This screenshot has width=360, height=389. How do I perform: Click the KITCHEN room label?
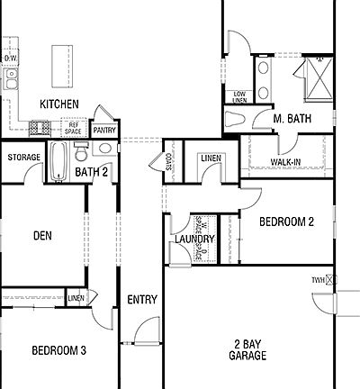(58, 105)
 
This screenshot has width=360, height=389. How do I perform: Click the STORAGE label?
(23, 158)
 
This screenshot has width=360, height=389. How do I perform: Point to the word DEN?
(43, 236)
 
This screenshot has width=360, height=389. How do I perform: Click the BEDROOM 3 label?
(58, 351)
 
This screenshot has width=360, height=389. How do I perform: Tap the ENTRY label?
(142, 300)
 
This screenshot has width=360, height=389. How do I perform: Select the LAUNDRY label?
(194, 240)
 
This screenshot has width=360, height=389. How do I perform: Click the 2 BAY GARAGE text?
(247, 349)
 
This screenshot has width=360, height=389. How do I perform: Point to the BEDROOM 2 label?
(286, 222)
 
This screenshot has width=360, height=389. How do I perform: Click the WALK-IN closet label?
(285, 162)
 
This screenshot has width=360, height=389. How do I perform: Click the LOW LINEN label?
(239, 96)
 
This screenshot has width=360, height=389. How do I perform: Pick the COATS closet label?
(169, 161)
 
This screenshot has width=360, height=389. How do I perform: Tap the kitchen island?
(61, 64)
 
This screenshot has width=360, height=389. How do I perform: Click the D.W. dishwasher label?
(10, 59)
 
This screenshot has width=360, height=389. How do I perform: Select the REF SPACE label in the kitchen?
(74, 127)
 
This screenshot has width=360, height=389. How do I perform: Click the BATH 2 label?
(92, 172)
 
